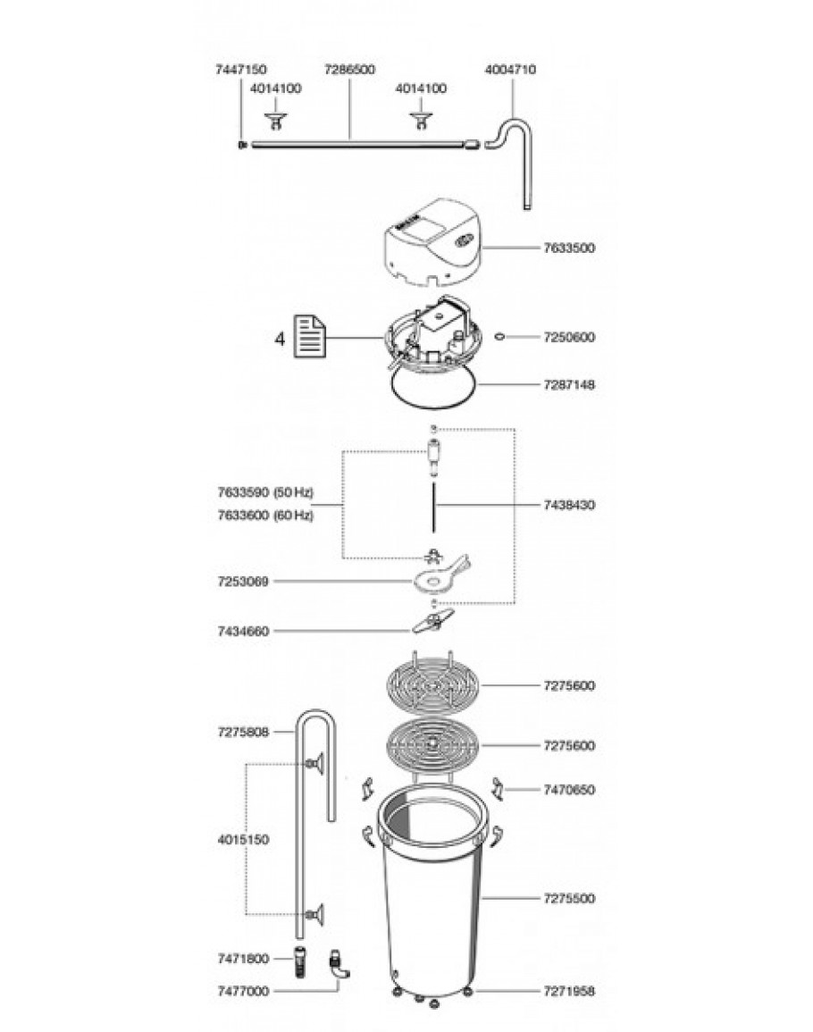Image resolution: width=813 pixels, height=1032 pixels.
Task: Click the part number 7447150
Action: point(241,68)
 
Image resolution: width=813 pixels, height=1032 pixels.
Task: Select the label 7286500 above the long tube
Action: point(349,68)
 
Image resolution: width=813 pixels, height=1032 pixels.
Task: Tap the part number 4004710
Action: point(510,68)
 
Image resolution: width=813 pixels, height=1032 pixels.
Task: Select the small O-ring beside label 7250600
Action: point(500,338)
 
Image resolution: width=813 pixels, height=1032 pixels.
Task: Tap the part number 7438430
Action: point(569,505)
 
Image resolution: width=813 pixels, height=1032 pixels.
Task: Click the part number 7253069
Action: point(243,581)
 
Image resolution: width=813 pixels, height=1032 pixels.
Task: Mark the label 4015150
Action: point(243,840)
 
